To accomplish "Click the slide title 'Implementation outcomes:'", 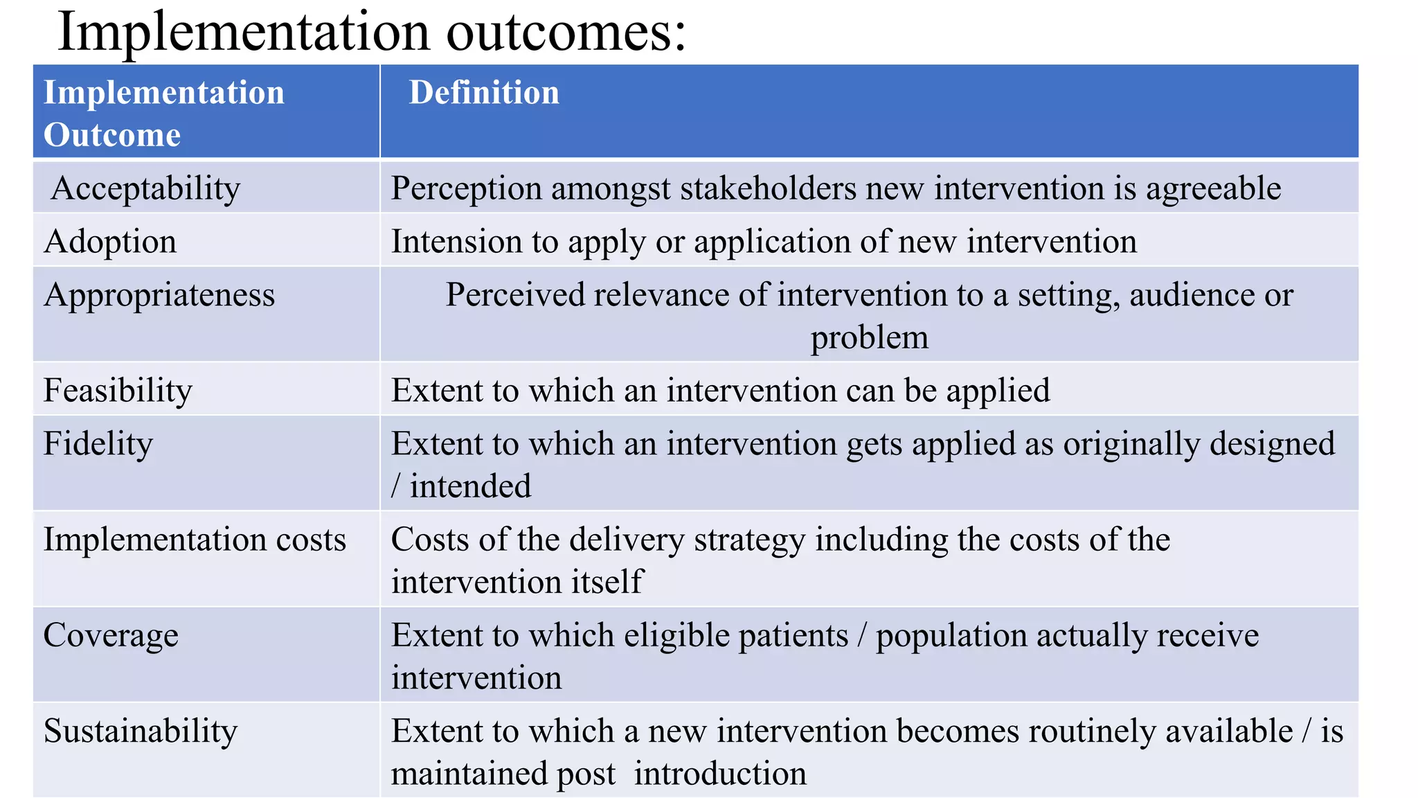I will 372,32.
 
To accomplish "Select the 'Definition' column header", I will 484,93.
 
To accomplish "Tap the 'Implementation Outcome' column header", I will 164,114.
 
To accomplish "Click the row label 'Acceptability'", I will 145,188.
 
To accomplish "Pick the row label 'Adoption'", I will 110,242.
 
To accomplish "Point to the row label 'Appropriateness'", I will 159,295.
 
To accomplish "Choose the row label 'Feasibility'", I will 118,391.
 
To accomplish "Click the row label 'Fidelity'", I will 98,444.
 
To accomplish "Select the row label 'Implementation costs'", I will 195,540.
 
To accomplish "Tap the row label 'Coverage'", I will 111,635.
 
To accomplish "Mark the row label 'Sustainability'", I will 141,731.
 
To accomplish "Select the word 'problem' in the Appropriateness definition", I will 870,338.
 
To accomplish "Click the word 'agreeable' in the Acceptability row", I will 1213,188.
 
